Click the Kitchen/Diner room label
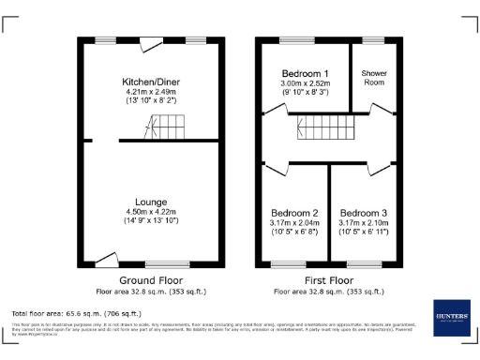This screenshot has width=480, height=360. point(157,82)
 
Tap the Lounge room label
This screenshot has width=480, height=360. point(151,202)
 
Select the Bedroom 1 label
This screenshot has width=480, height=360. point(306,74)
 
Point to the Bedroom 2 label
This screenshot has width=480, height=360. point(294,213)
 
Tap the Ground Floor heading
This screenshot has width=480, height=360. point(150,280)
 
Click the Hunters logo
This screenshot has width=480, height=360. point(451,319)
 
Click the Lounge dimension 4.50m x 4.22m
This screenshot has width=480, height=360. point(151,213)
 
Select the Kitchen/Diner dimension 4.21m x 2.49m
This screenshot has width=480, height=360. point(157,93)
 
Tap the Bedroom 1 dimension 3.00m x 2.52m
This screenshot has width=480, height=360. point(306,84)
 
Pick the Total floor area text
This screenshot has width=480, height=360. point(76,312)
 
